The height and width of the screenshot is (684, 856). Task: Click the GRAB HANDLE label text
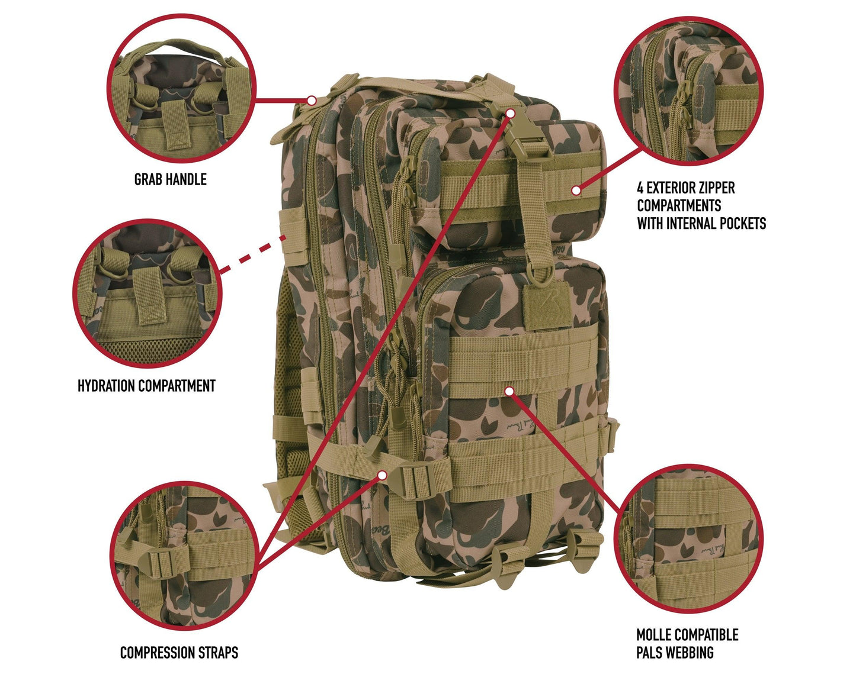pyautogui.click(x=170, y=179)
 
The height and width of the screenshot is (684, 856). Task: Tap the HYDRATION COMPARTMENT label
pyautogui.click(x=146, y=386)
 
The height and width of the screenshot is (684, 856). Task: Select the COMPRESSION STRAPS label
pyautogui.click(x=179, y=653)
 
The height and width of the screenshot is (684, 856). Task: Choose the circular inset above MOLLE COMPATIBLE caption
pyautogui.click(x=688, y=538)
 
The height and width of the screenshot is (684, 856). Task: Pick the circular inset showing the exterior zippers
pyautogui.click(x=688, y=91)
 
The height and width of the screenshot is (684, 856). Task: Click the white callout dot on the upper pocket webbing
pyautogui.click(x=575, y=190)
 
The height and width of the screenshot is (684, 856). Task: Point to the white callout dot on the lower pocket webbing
pyautogui.click(x=509, y=391)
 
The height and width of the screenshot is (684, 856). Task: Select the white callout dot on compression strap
pyautogui.click(x=383, y=475)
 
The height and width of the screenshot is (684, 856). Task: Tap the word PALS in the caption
pyautogui.click(x=650, y=653)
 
